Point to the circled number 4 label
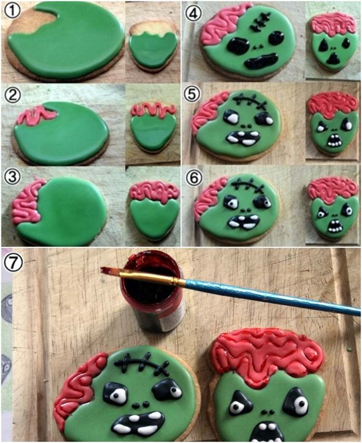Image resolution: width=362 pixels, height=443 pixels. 194,13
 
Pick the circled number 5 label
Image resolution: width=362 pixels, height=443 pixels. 193,94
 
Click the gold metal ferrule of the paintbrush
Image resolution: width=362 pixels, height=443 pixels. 153,278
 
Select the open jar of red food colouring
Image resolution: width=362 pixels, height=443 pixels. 153,292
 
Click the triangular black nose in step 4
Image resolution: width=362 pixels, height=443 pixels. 334,58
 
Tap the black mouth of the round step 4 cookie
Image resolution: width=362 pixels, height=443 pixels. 262,62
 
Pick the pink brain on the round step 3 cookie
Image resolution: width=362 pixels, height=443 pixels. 27,202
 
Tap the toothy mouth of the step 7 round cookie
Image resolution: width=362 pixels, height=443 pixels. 139,422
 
